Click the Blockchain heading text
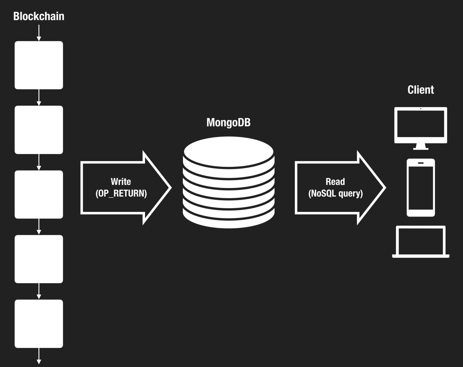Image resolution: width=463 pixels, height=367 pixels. click(x=39, y=16)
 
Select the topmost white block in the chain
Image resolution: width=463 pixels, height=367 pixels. click(x=39, y=65)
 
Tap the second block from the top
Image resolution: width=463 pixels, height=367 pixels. click(x=39, y=130)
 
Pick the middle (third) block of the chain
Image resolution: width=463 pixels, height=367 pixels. click(x=39, y=194)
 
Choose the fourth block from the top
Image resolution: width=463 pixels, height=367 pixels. click(x=39, y=259)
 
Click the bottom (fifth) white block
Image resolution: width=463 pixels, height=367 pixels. click(x=39, y=324)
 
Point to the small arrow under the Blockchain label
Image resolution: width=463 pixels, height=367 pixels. click(x=39, y=33)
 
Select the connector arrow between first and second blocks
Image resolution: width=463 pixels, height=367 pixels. click(x=39, y=98)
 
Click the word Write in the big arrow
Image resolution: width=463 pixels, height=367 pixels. click(x=121, y=182)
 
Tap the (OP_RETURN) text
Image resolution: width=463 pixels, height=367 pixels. click(x=121, y=193)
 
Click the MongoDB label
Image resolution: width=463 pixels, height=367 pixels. click(x=228, y=122)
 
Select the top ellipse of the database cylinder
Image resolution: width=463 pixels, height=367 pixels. click(x=229, y=152)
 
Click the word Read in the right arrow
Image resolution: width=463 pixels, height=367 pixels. click(x=335, y=182)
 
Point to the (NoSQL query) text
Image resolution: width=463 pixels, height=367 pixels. click(x=335, y=193)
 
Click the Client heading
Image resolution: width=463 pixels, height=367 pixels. click(x=420, y=90)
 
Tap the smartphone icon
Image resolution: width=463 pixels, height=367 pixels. click(x=420, y=188)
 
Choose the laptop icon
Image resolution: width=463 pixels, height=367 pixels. click(x=420, y=242)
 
